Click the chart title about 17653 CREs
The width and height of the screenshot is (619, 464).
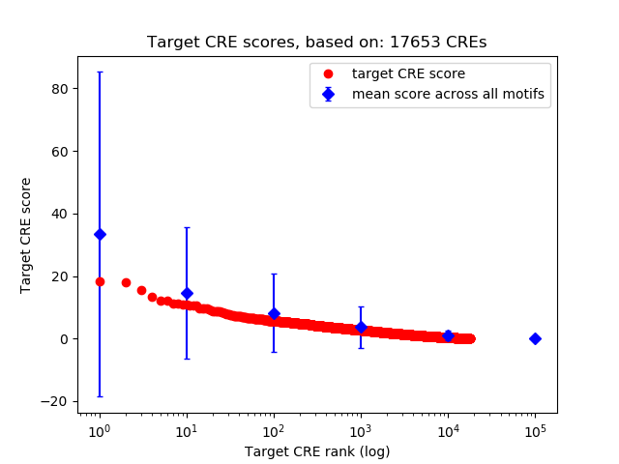(x=317, y=43)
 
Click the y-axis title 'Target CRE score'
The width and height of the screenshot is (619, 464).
(x=26, y=235)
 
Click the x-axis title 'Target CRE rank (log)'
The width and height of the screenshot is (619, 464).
(x=317, y=451)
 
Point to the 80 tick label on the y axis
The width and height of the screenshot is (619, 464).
(x=60, y=89)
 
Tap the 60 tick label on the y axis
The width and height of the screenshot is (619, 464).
(x=60, y=152)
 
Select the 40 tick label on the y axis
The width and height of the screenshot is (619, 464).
(x=60, y=214)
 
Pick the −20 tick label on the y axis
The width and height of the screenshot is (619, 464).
(x=56, y=401)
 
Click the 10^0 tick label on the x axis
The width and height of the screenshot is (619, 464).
(x=100, y=429)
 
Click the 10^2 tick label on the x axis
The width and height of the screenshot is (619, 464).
(x=274, y=429)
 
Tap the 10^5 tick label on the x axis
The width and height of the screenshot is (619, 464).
(x=535, y=429)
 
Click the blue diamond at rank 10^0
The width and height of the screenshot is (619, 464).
(x=100, y=234)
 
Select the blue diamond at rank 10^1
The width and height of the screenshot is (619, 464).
(x=187, y=293)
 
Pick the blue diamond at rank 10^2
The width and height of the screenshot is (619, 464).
(x=274, y=313)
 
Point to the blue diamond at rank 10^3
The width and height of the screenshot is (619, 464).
(x=361, y=327)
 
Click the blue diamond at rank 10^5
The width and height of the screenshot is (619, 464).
(x=535, y=338)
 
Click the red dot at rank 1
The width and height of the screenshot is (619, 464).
(x=100, y=281)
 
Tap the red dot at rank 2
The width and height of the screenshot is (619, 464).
(x=126, y=282)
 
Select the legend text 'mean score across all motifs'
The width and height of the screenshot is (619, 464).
(x=448, y=94)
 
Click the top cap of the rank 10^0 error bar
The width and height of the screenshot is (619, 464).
(x=100, y=72)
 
